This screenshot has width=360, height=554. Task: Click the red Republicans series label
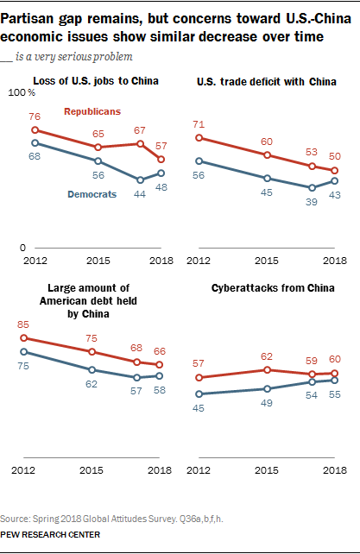(x=92, y=111)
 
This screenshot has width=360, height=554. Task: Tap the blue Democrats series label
(x=92, y=194)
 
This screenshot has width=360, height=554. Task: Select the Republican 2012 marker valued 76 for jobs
(x=35, y=130)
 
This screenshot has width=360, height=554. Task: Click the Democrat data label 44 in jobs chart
(x=140, y=194)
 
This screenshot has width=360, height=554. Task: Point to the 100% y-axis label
(x=22, y=92)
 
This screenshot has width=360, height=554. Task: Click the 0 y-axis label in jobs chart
(x=22, y=248)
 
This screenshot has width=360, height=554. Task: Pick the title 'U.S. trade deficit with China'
(x=267, y=82)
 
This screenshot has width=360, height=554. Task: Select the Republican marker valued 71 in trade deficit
(x=199, y=138)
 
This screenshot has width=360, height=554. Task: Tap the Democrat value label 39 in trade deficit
(x=311, y=202)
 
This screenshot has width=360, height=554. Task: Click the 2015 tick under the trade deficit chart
(x=267, y=261)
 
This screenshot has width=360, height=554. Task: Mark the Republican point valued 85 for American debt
(x=23, y=338)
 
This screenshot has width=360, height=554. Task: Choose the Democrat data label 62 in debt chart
(x=92, y=384)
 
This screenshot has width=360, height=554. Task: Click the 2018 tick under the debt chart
(x=160, y=470)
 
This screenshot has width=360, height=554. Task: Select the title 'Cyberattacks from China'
(x=273, y=288)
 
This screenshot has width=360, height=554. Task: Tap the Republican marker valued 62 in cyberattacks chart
(x=267, y=370)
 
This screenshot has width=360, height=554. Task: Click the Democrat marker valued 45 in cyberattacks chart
(x=199, y=394)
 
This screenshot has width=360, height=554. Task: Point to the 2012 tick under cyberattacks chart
(x=199, y=470)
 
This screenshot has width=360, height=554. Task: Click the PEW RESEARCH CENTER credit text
(x=50, y=535)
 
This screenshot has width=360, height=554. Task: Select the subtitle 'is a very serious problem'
(x=74, y=57)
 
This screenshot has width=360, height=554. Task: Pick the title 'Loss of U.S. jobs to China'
(x=96, y=81)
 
